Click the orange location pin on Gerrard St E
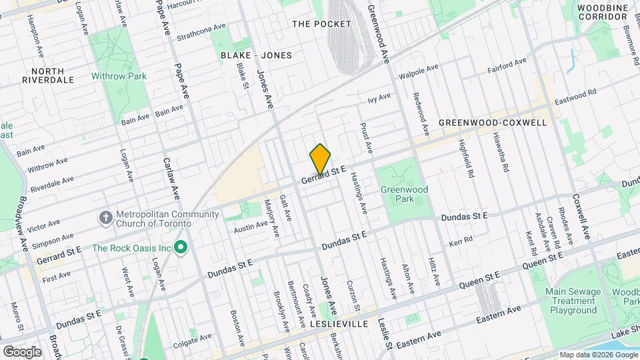(x=320, y=159)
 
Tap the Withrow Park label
(x=119, y=76)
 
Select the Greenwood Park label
(x=404, y=194)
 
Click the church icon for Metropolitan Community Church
(x=105, y=218)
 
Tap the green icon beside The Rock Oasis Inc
(x=180, y=248)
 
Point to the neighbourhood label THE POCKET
(x=321, y=24)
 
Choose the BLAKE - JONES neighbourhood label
(x=256, y=55)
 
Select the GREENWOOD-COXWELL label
(x=493, y=123)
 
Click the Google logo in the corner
(x=22, y=351)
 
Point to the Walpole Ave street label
(x=418, y=71)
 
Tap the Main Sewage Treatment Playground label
(x=571, y=301)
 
